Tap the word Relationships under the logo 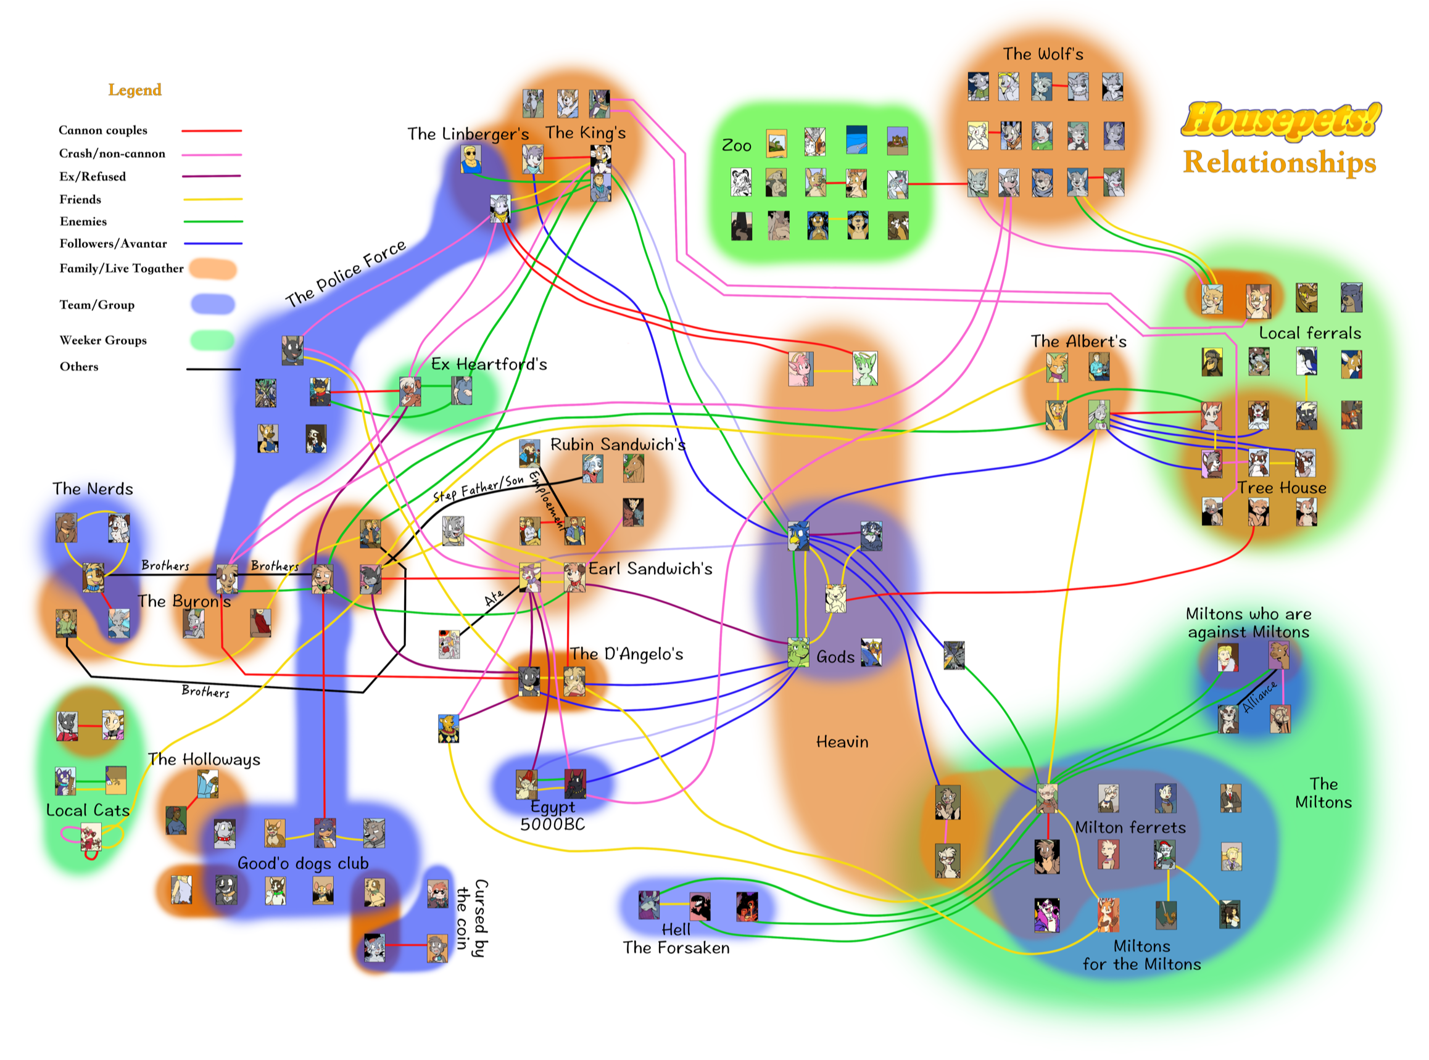(x=1280, y=162)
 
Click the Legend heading (x=134, y=90)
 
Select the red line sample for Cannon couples (x=211, y=131)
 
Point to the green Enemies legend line (x=212, y=221)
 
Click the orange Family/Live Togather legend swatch (x=212, y=269)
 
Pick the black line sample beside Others (x=212, y=369)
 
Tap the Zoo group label (x=735, y=146)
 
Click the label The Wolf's (x=1043, y=54)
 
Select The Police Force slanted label (x=346, y=273)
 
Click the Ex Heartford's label (x=489, y=364)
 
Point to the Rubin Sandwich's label (x=618, y=445)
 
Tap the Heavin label (x=842, y=742)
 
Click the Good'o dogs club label (x=303, y=863)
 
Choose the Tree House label (x=1282, y=488)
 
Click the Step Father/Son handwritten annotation (x=478, y=488)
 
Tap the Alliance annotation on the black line (x=1259, y=696)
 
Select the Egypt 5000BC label (x=552, y=816)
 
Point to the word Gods (x=835, y=657)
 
